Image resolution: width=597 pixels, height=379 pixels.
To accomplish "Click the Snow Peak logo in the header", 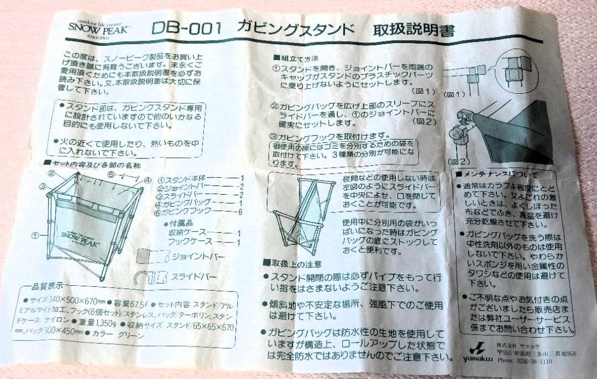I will [98, 27].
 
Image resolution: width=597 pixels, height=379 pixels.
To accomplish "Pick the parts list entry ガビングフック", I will [186, 212].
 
